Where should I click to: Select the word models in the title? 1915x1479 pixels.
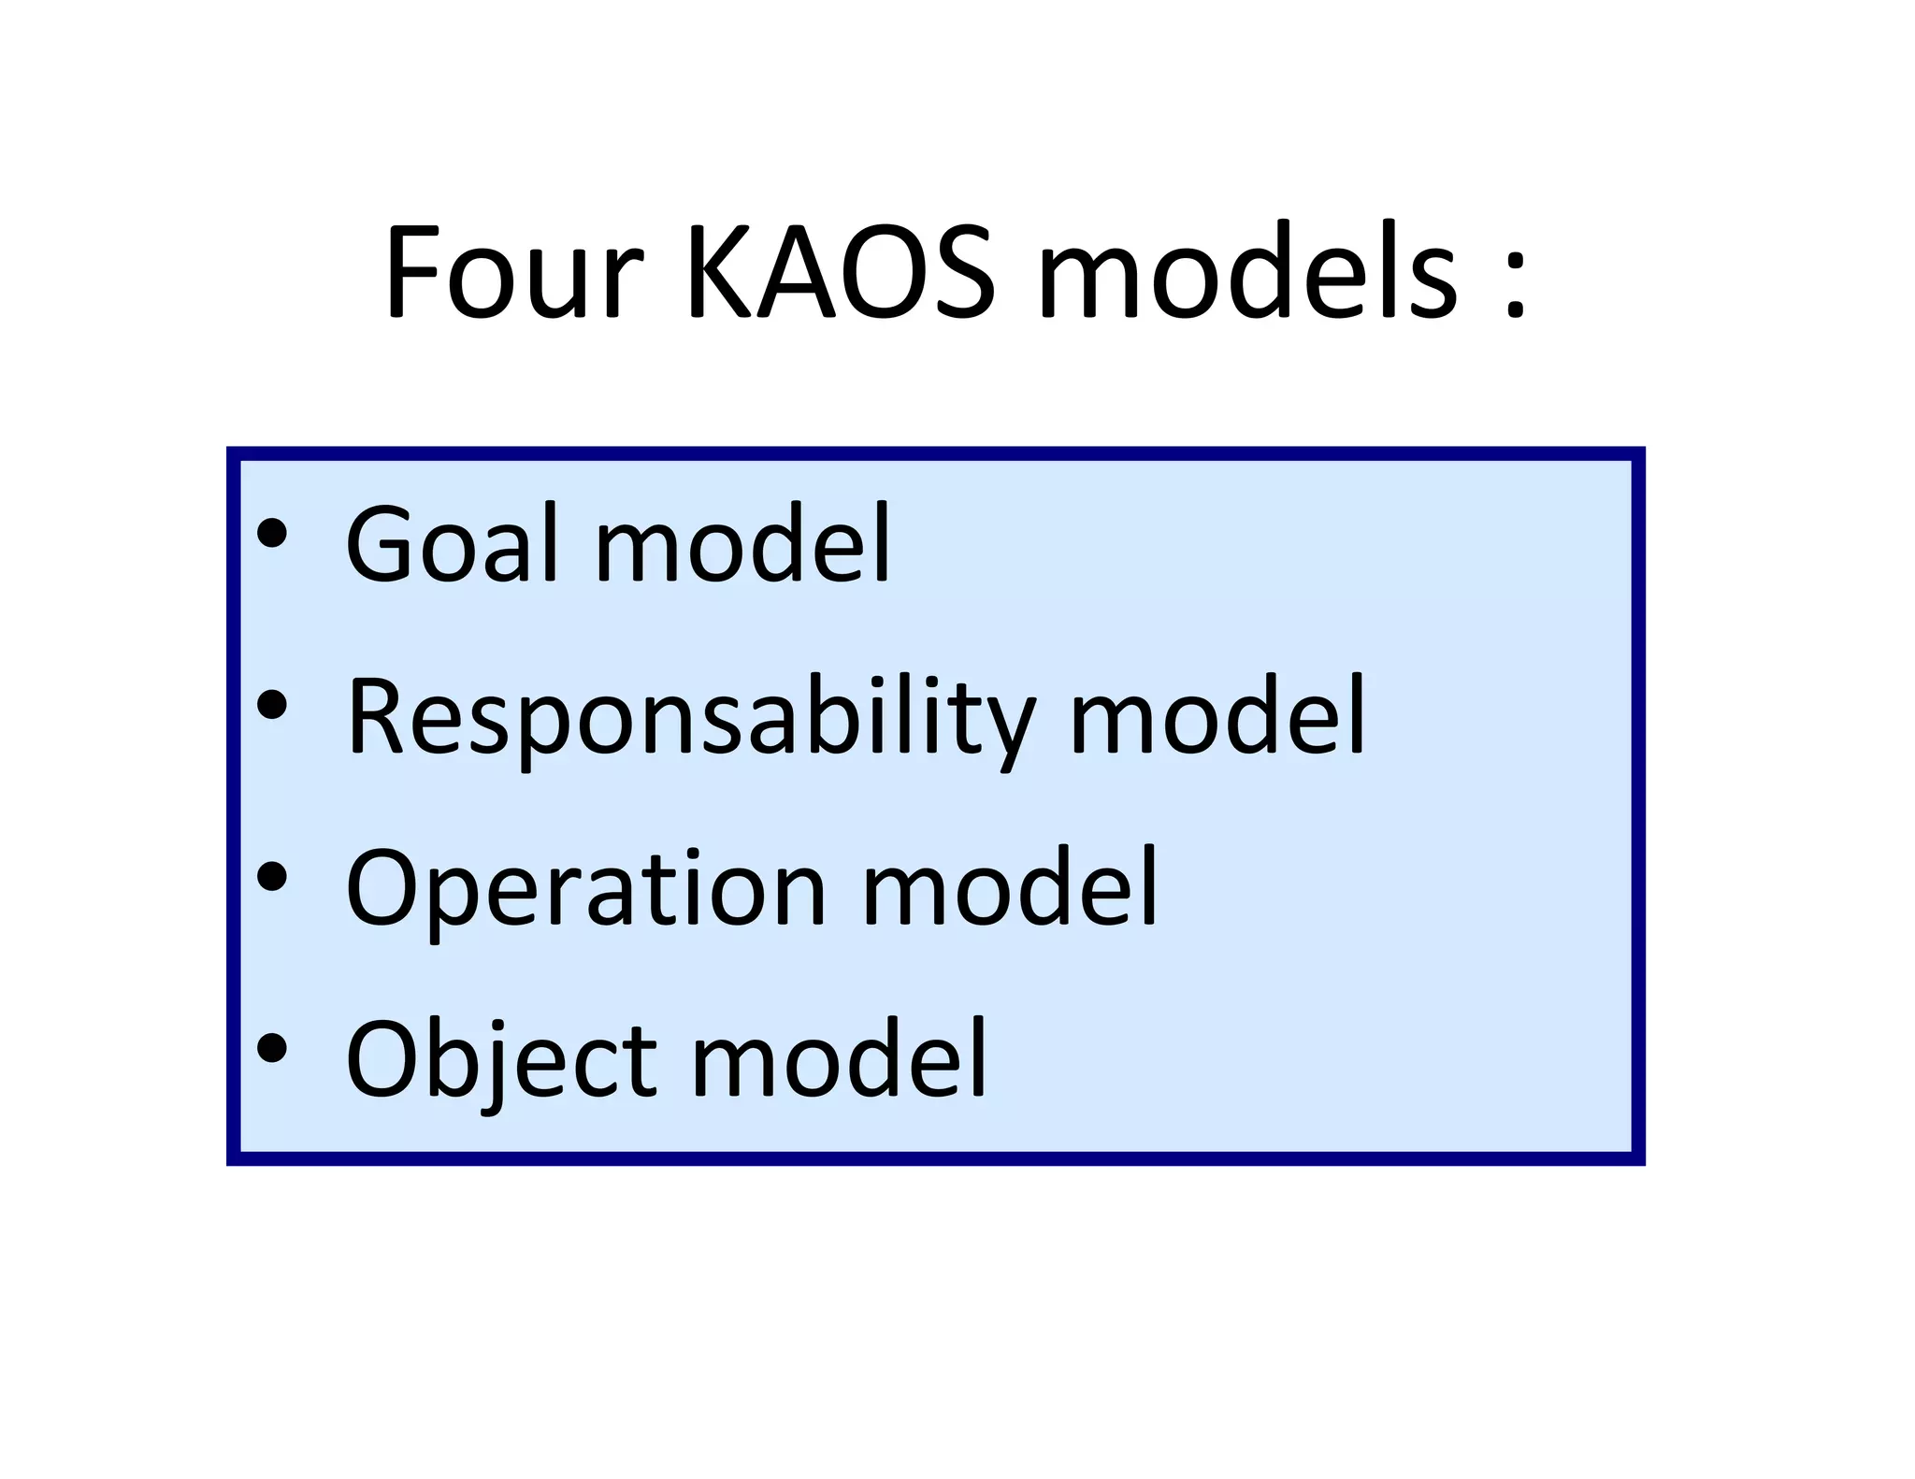coord(1247,273)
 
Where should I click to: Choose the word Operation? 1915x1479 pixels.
coord(585,888)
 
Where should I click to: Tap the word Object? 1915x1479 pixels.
coord(501,1060)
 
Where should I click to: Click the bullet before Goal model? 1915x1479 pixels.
coord(272,533)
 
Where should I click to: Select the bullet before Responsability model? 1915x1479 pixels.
coord(272,705)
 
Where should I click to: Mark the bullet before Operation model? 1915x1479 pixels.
coord(272,876)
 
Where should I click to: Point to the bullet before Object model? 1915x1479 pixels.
coord(272,1048)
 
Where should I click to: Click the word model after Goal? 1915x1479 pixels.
coord(742,544)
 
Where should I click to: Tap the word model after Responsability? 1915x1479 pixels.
coord(1217,717)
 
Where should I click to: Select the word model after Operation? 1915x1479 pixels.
coord(1009,888)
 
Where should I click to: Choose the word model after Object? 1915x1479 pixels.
coord(839,1060)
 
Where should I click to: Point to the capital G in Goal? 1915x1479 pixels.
coord(378,544)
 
